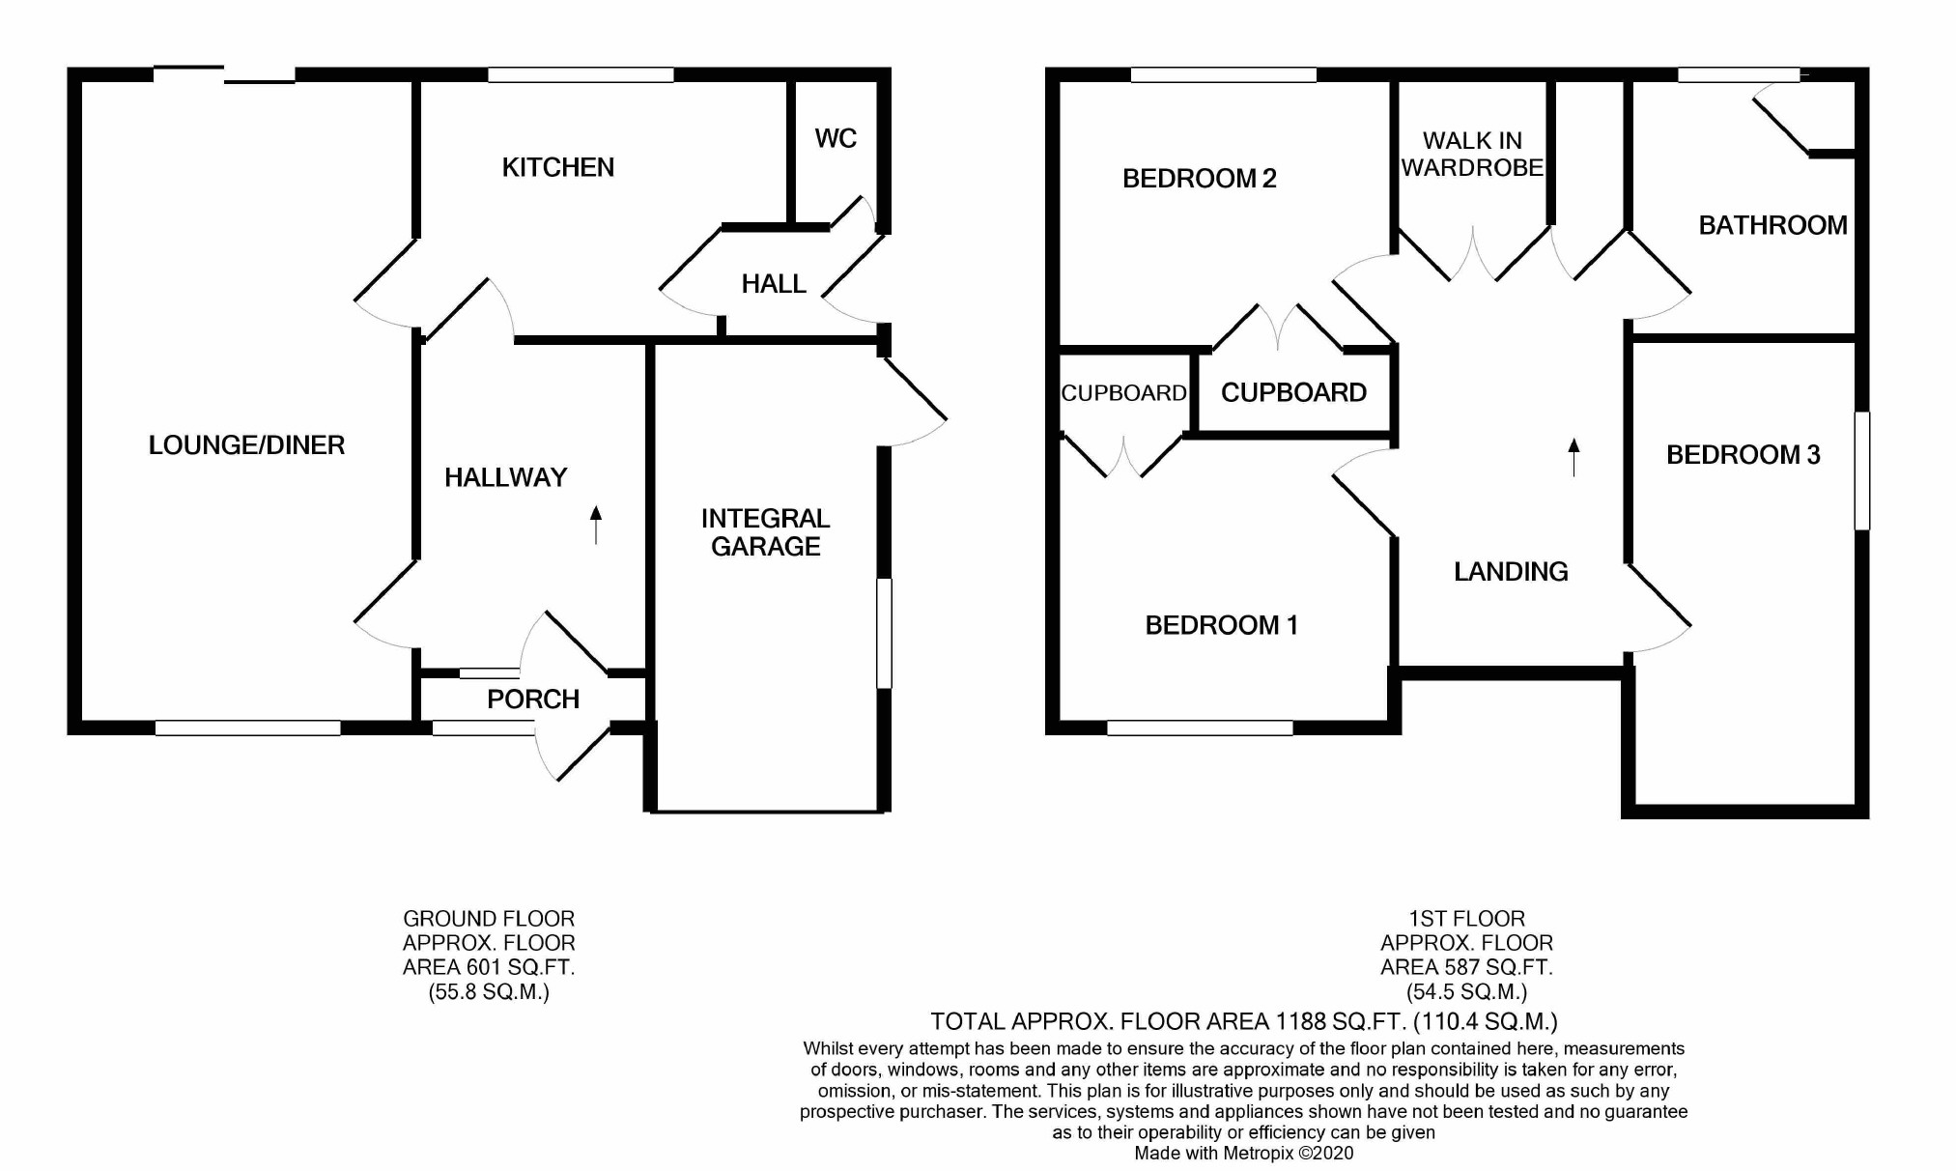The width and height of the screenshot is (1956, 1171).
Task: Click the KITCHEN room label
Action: (x=557, y=167)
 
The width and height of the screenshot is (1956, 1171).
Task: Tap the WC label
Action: (x=836, y=138)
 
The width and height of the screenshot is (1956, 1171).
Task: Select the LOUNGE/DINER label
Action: (x=246, y=445)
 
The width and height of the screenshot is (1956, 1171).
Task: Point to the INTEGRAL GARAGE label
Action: (x=765, y=532)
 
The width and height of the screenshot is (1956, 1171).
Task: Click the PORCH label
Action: (x=533, y=699)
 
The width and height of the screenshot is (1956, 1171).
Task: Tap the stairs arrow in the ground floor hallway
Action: (x=596, y=525)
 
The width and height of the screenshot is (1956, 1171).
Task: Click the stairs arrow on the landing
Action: (x=1573, y=457)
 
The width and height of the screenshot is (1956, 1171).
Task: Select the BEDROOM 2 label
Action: (x=1199, y=179)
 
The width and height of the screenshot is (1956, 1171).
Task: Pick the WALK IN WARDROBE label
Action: (x=1472, y=155)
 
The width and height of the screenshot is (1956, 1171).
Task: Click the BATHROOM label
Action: (x=1772, y=225)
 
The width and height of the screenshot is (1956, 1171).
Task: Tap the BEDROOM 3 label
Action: (x=1743, y=455)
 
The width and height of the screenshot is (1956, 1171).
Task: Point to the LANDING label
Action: (x=1511, y=572)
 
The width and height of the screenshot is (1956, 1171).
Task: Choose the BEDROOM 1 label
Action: (x=1221, y=625)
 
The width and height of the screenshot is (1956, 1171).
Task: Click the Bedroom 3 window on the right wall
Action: (x=1861, y=471)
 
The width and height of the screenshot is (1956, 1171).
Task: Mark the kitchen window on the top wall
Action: (x=581, y=74)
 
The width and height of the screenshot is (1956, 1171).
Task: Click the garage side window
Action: (x=884, y=633)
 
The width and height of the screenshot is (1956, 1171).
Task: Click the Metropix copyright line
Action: (x=1243, y=1153)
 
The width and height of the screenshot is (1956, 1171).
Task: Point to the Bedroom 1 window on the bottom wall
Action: (x=1200, y=728)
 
